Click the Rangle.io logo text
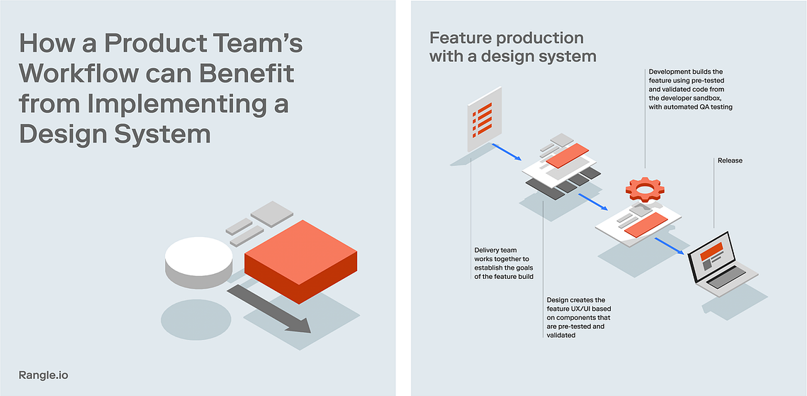point(43,375)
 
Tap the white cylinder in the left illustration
point(198,263)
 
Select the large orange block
point(300,261)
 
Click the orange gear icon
point(645,189)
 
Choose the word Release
point(730,161)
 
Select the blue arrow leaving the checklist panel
point(507,152)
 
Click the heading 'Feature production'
point(507,38)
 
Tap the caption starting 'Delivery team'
point(503,263)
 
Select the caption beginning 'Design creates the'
point(578,317)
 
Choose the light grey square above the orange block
point(272,214)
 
